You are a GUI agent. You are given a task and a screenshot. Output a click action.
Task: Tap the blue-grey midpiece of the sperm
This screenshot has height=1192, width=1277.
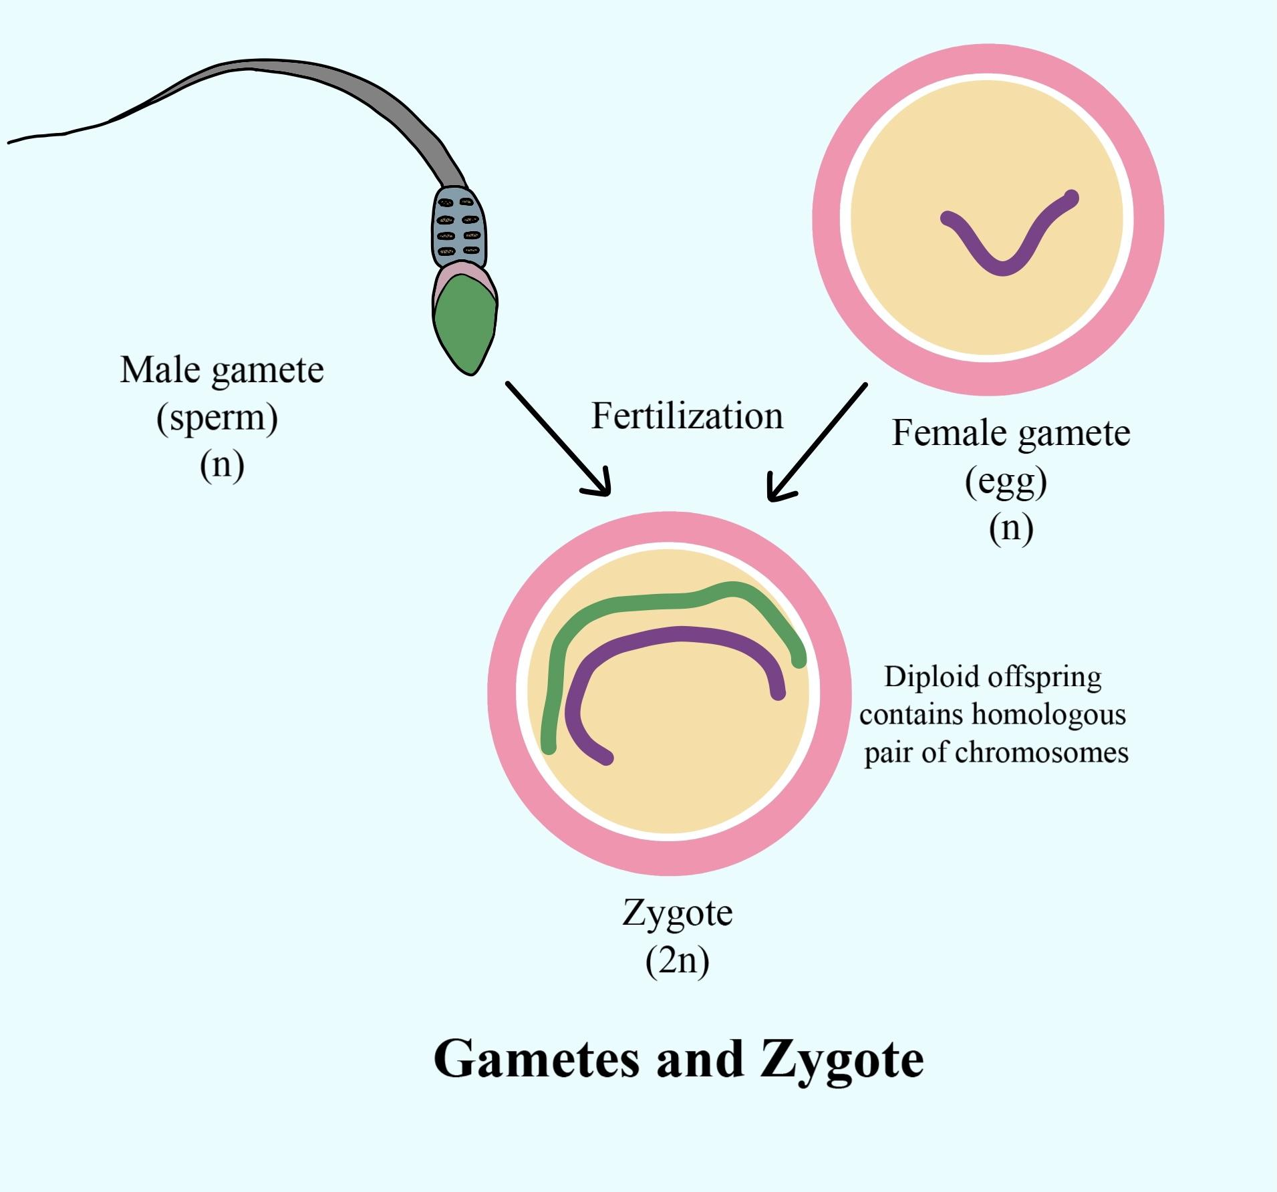point(459,227)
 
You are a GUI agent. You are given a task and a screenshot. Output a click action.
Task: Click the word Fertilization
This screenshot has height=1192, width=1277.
point(687,416)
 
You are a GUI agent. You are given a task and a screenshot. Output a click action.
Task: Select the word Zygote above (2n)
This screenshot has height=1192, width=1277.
point(677,912)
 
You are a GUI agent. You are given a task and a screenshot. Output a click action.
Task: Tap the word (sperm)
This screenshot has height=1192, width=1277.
point(217,418)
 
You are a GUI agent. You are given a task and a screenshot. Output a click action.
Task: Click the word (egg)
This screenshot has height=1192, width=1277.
point(1006,481)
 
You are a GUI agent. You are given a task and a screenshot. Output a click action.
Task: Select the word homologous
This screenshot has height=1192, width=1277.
point(1048,714)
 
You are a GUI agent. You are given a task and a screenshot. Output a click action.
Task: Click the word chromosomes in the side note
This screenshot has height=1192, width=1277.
point(1042,753)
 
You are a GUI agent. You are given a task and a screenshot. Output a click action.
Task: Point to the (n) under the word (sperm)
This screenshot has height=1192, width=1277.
point(222,464)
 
